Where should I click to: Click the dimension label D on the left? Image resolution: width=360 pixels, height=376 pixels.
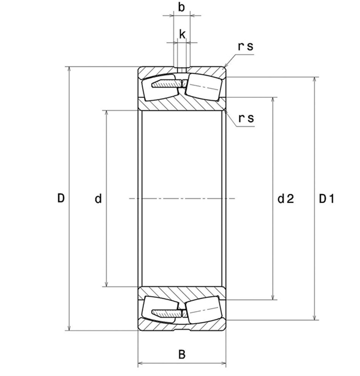pos(61,198)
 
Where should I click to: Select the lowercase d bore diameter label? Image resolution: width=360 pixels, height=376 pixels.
pos(98,199)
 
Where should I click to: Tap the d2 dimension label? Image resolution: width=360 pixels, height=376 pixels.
pos(285,199)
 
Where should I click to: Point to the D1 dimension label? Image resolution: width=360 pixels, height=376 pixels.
pos(326,199)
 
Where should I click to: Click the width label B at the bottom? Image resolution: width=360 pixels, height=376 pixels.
pos(182,354)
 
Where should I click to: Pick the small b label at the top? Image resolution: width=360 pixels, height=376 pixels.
pos(182,8)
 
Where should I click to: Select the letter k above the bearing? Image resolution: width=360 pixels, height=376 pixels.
pos(182,35)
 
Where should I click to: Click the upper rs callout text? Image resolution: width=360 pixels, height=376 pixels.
pos(246,46)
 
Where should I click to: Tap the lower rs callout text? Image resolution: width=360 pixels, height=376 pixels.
pos(246,118)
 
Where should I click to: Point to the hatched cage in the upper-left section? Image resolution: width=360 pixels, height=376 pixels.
pos(163,85)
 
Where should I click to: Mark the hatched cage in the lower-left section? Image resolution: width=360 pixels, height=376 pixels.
pos(163,312)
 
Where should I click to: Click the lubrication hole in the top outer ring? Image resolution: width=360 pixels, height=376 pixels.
pos(182,68)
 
